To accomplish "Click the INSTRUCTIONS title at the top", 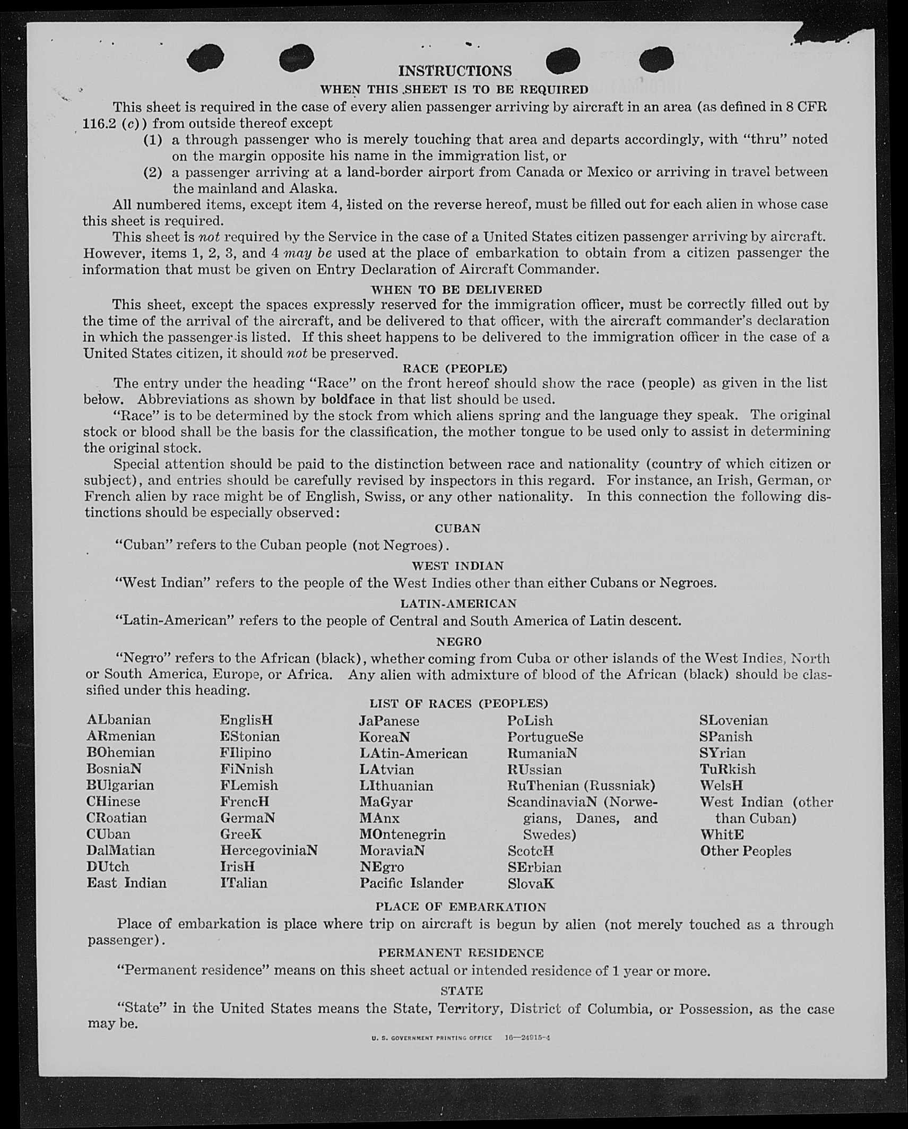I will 455,71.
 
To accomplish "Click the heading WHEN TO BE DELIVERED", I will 456,290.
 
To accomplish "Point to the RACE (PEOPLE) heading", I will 455,368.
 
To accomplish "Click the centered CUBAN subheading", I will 457,529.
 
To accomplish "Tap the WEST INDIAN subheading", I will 457,566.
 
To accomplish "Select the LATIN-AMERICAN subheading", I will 458,604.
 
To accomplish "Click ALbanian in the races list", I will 119,720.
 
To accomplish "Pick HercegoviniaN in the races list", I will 269,850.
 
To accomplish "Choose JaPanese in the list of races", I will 389,721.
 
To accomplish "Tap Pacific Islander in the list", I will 411,883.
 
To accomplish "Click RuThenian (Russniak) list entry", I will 581,785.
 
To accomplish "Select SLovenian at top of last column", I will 733,720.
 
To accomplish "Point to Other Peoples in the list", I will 746,851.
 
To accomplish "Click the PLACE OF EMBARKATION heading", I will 461,907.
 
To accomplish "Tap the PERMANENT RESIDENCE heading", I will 461,953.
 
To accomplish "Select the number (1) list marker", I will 153,140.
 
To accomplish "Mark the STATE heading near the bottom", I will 462,990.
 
